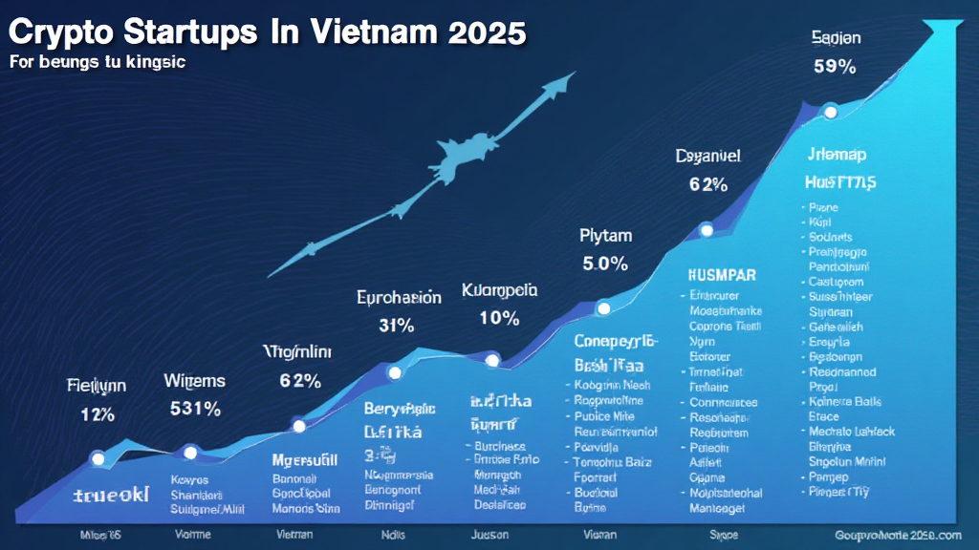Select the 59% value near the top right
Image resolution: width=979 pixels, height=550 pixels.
click(837, 68)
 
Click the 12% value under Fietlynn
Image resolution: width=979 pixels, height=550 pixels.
click(97, 414)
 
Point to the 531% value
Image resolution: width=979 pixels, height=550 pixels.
click(195, 409)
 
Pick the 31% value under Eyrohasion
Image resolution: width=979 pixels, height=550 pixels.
click(396, 325)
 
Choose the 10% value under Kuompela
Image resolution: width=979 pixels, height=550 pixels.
click(499, 319)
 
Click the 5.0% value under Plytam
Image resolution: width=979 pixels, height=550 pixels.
click(604, 264)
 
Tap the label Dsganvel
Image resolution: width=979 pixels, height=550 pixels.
click(708, 155)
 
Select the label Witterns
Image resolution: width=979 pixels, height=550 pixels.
click(194, 381)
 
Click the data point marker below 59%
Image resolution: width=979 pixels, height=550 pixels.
click(830, 113)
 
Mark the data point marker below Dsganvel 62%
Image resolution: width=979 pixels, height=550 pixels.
click(707, 229)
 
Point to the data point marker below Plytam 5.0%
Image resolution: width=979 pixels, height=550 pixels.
click(603, 307)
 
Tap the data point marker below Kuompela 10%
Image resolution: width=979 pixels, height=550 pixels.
click(492, 360)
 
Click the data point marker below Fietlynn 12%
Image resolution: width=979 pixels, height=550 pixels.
click(97, 458)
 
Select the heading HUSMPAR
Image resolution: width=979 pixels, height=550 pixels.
click(722, 275)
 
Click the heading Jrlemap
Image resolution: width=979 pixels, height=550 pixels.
click(836, 155)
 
